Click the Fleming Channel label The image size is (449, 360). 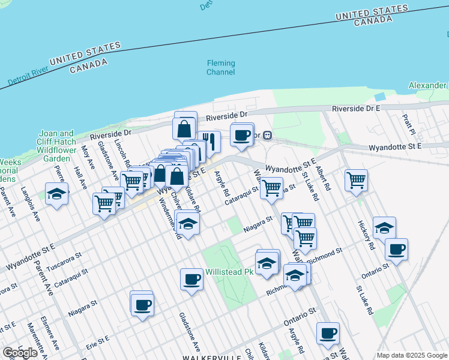(220, 67)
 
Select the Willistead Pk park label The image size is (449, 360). (229, 272)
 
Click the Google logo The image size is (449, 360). (20, 352)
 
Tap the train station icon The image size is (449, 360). (268, 136)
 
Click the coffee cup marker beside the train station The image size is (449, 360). (241, 135)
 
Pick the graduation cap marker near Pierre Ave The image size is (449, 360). (56, 194)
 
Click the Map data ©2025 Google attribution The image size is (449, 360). (412, 355)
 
